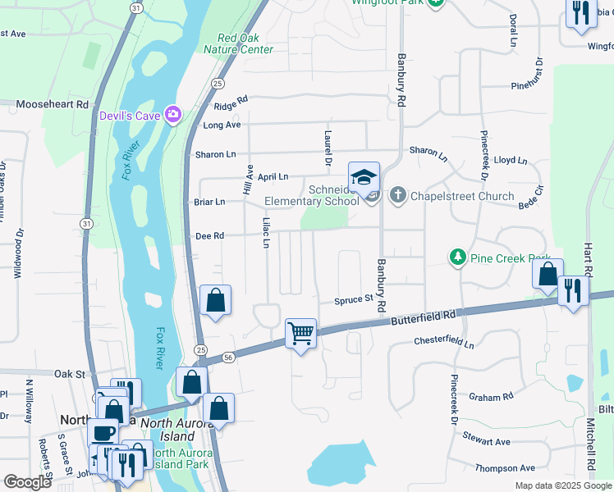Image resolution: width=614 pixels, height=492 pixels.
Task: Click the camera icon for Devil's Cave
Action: tap(172, 114)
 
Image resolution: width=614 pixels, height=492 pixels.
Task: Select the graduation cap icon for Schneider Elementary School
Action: tap(364, 177)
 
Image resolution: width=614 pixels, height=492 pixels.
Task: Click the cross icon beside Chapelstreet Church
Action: tap(397, 196)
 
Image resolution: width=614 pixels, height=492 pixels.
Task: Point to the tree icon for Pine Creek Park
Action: tap(458, 257)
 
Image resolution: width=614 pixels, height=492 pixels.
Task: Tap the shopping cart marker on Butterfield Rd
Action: tap(301, 333)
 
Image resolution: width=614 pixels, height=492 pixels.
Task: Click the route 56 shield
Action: tap(228, 357)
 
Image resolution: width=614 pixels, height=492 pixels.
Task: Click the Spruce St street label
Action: tap(353, 300)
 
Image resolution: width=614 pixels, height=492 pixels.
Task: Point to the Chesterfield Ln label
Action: tap(444, 341)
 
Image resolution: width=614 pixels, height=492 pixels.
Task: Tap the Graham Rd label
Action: tap(490, 397)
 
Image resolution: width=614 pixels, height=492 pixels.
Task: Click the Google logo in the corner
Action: tap(27, 482)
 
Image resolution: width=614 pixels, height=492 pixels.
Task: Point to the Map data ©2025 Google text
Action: tap(562, 485)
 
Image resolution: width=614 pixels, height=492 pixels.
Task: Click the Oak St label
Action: tap(70, 374)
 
